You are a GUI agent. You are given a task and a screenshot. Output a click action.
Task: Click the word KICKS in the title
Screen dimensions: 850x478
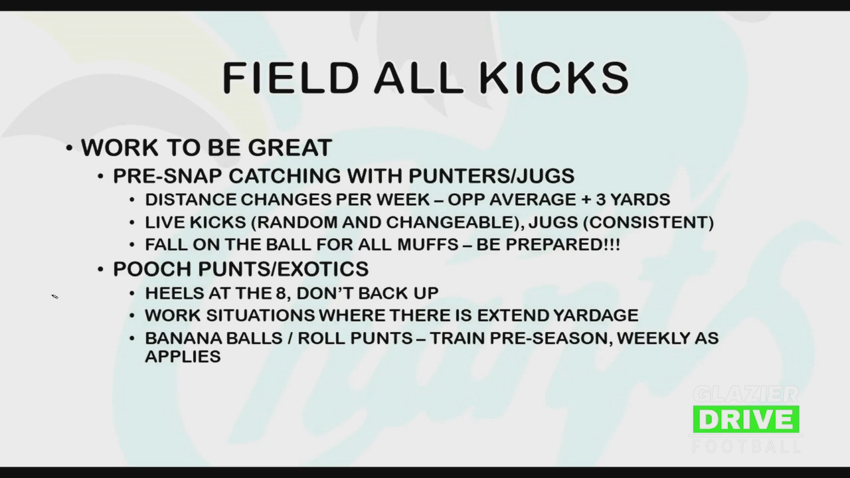(554, 78)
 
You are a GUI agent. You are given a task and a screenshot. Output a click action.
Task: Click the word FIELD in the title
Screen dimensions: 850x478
(290, 78)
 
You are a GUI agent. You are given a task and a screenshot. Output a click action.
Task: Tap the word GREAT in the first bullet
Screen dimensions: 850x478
(290, 147)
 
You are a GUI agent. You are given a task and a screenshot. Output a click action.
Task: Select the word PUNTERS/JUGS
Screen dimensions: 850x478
(491, 176)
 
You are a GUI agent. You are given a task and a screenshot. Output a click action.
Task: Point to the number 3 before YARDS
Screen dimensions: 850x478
(601, 200)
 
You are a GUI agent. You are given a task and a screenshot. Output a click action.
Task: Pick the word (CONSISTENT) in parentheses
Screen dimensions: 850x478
(648, 222)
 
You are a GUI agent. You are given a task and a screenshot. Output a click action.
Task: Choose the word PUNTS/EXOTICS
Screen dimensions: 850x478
(284, 269)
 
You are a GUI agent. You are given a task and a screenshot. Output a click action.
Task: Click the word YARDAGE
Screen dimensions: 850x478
(596, 315)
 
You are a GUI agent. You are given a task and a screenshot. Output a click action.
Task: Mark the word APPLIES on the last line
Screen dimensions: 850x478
(183, 357)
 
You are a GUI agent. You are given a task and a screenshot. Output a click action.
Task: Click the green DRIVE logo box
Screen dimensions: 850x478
(746, 419)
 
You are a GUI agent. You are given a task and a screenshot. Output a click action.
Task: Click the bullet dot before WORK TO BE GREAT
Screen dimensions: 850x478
(69, 148)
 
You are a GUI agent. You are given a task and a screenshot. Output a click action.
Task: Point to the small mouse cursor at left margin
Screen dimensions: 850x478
(55, 296)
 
